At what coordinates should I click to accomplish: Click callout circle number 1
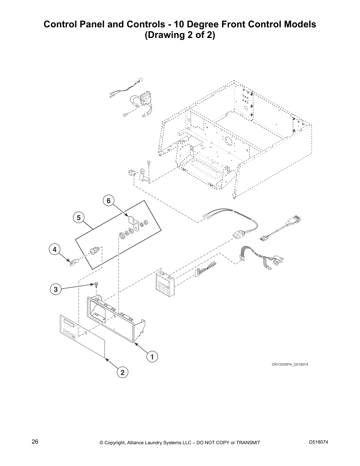coord(152,357)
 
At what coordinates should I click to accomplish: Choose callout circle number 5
coord(79,218)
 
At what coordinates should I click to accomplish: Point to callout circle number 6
coord(109,201)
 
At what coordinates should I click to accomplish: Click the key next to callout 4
coord(73,262)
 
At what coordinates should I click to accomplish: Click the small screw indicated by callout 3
coord(96,284)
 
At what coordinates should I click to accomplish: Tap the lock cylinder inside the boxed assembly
coord(94,252)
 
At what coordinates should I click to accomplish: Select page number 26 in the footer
coord(35,442)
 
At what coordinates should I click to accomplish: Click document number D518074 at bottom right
coord(319,442)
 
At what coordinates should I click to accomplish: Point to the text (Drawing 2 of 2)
coord(180,35)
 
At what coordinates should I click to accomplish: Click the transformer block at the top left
coord(144,99)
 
